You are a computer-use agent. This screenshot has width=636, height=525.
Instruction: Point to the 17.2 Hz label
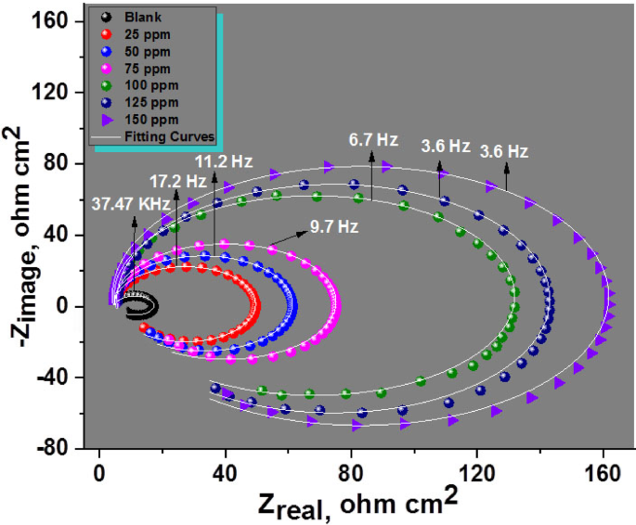click(x=176, y=180)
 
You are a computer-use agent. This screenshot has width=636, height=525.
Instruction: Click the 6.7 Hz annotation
click(x=373, y=140)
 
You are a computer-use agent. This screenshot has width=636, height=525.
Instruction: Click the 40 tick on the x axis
click(x=224, y=469)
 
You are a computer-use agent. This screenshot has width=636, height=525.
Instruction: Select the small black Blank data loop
click(x=142, y=305)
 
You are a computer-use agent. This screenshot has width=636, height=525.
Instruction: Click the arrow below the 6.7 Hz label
click(x=372, y=176)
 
